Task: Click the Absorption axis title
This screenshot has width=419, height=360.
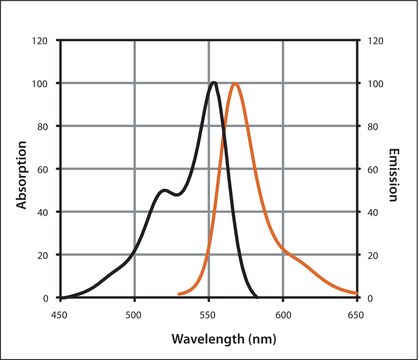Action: [x=22, y=169]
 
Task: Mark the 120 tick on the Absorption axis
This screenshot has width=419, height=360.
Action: [x=40, y=41]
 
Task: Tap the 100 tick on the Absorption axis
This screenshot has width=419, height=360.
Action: [x=40, y=84]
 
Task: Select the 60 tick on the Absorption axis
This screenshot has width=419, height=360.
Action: [x=42, y=170]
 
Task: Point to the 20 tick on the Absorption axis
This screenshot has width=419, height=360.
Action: [x=42, y=255]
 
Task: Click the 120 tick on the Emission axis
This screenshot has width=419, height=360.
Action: [x=373, y=41]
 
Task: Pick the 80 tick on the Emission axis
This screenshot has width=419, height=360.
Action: [x=371, y=127]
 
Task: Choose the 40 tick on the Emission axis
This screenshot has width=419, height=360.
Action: [x=371, y=212]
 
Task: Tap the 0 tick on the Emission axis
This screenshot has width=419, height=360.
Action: [x=368, y=298]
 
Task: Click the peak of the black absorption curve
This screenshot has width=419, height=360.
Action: [x=214, y=83]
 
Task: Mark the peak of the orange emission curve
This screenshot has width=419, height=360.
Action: [x=235, y=83]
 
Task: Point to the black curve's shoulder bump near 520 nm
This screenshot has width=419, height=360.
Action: [x=164, y=190]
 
